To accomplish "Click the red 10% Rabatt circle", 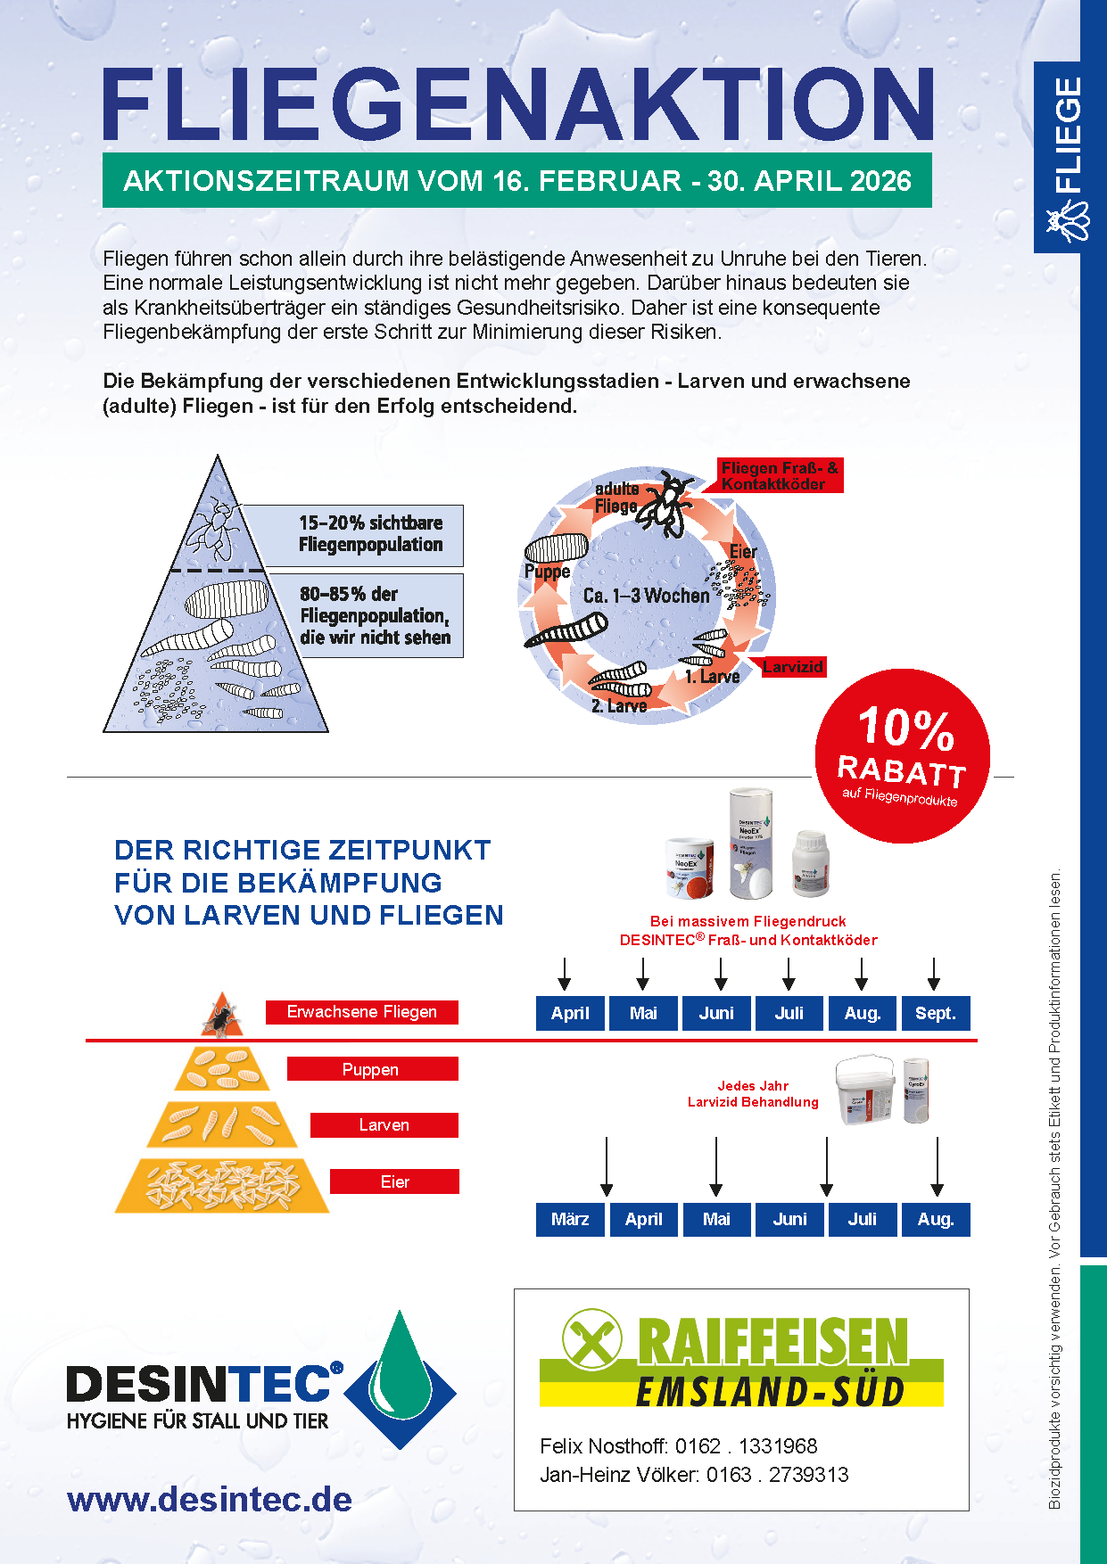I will click(902, 755).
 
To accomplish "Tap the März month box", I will click(570, 1219).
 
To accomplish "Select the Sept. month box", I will click(935, 1013).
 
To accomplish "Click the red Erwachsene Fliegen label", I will click(361, 1012).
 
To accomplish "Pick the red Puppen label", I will click(372, 1069).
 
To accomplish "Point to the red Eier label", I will click(394, 1181).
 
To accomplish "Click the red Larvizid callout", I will click(793, 667).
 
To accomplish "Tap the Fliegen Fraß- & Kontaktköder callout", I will click(779, 476).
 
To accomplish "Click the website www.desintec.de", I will click(210, 1499).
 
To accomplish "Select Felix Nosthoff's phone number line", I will click(678, 1446).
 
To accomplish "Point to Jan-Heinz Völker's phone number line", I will click(694, 1475).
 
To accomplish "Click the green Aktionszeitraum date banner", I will click(516, 181).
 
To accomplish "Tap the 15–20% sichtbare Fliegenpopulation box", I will click(370, 534).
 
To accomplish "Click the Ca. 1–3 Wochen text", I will click(646, 596).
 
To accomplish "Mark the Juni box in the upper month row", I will click(716, 1013).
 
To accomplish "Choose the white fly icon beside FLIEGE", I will click(1067, 218).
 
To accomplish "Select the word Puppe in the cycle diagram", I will click(547, 572).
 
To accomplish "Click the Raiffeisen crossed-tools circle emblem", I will click(591, 1339).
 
